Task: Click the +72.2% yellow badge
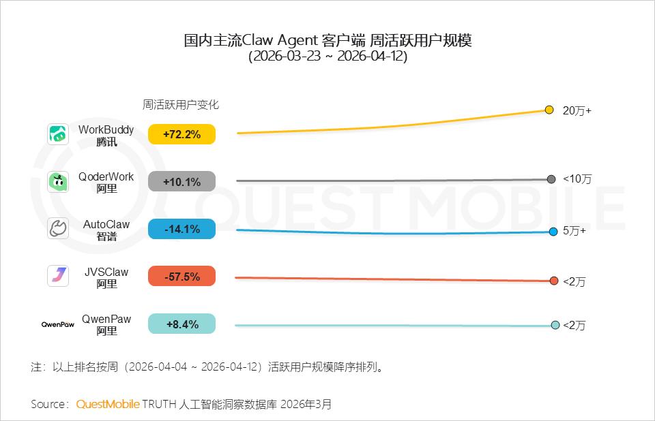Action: (181, 134)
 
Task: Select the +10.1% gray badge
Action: (181, 182)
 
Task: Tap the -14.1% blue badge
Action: (181, 229)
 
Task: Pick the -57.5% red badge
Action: (181, 277)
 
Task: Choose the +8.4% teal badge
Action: (181, 324)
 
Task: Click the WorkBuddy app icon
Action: (58, 134)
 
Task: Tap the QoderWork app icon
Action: (58, 182)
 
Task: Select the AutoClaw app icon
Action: (58, 229)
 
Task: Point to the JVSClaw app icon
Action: (58, 276)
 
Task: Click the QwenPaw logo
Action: (57, 324)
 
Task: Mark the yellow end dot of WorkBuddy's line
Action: (549, 110)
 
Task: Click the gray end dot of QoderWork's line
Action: (551, 179)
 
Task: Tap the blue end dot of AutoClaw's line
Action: (553, 232)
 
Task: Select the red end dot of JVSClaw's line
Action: (554, 281)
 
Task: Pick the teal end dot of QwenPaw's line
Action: (555, 325)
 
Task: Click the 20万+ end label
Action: (577, 110)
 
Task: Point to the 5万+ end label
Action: (574, 231)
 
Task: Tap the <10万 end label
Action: (577, 179)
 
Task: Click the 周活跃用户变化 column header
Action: (181, 105)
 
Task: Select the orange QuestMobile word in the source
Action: (108, 404)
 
